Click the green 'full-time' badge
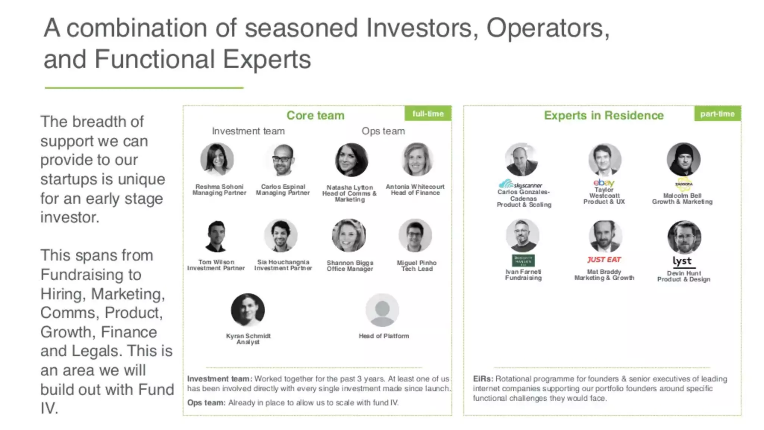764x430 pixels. [428, 113]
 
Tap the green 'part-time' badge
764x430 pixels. [717, 113]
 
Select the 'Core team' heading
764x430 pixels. [315, 115]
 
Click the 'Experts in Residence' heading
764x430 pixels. [604, 115]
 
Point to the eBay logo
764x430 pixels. [604, 183]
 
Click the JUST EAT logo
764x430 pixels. [604, 259]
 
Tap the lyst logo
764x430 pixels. [682, 261]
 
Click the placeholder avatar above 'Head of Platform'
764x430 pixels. [382, 310]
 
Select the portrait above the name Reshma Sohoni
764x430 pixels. [217, 159]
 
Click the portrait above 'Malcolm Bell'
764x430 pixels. [683, 159]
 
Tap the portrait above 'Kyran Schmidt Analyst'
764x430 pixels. [248, 310]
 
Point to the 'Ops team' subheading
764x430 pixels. [383, 131]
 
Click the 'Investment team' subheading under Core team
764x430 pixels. [248, 131]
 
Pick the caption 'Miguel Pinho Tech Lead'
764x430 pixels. [416, 266]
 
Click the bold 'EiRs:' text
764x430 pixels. [483, 379]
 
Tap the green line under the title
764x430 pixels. [144, 88]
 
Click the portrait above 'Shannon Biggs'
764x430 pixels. [349, 236]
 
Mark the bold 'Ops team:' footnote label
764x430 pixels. [206, 403]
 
